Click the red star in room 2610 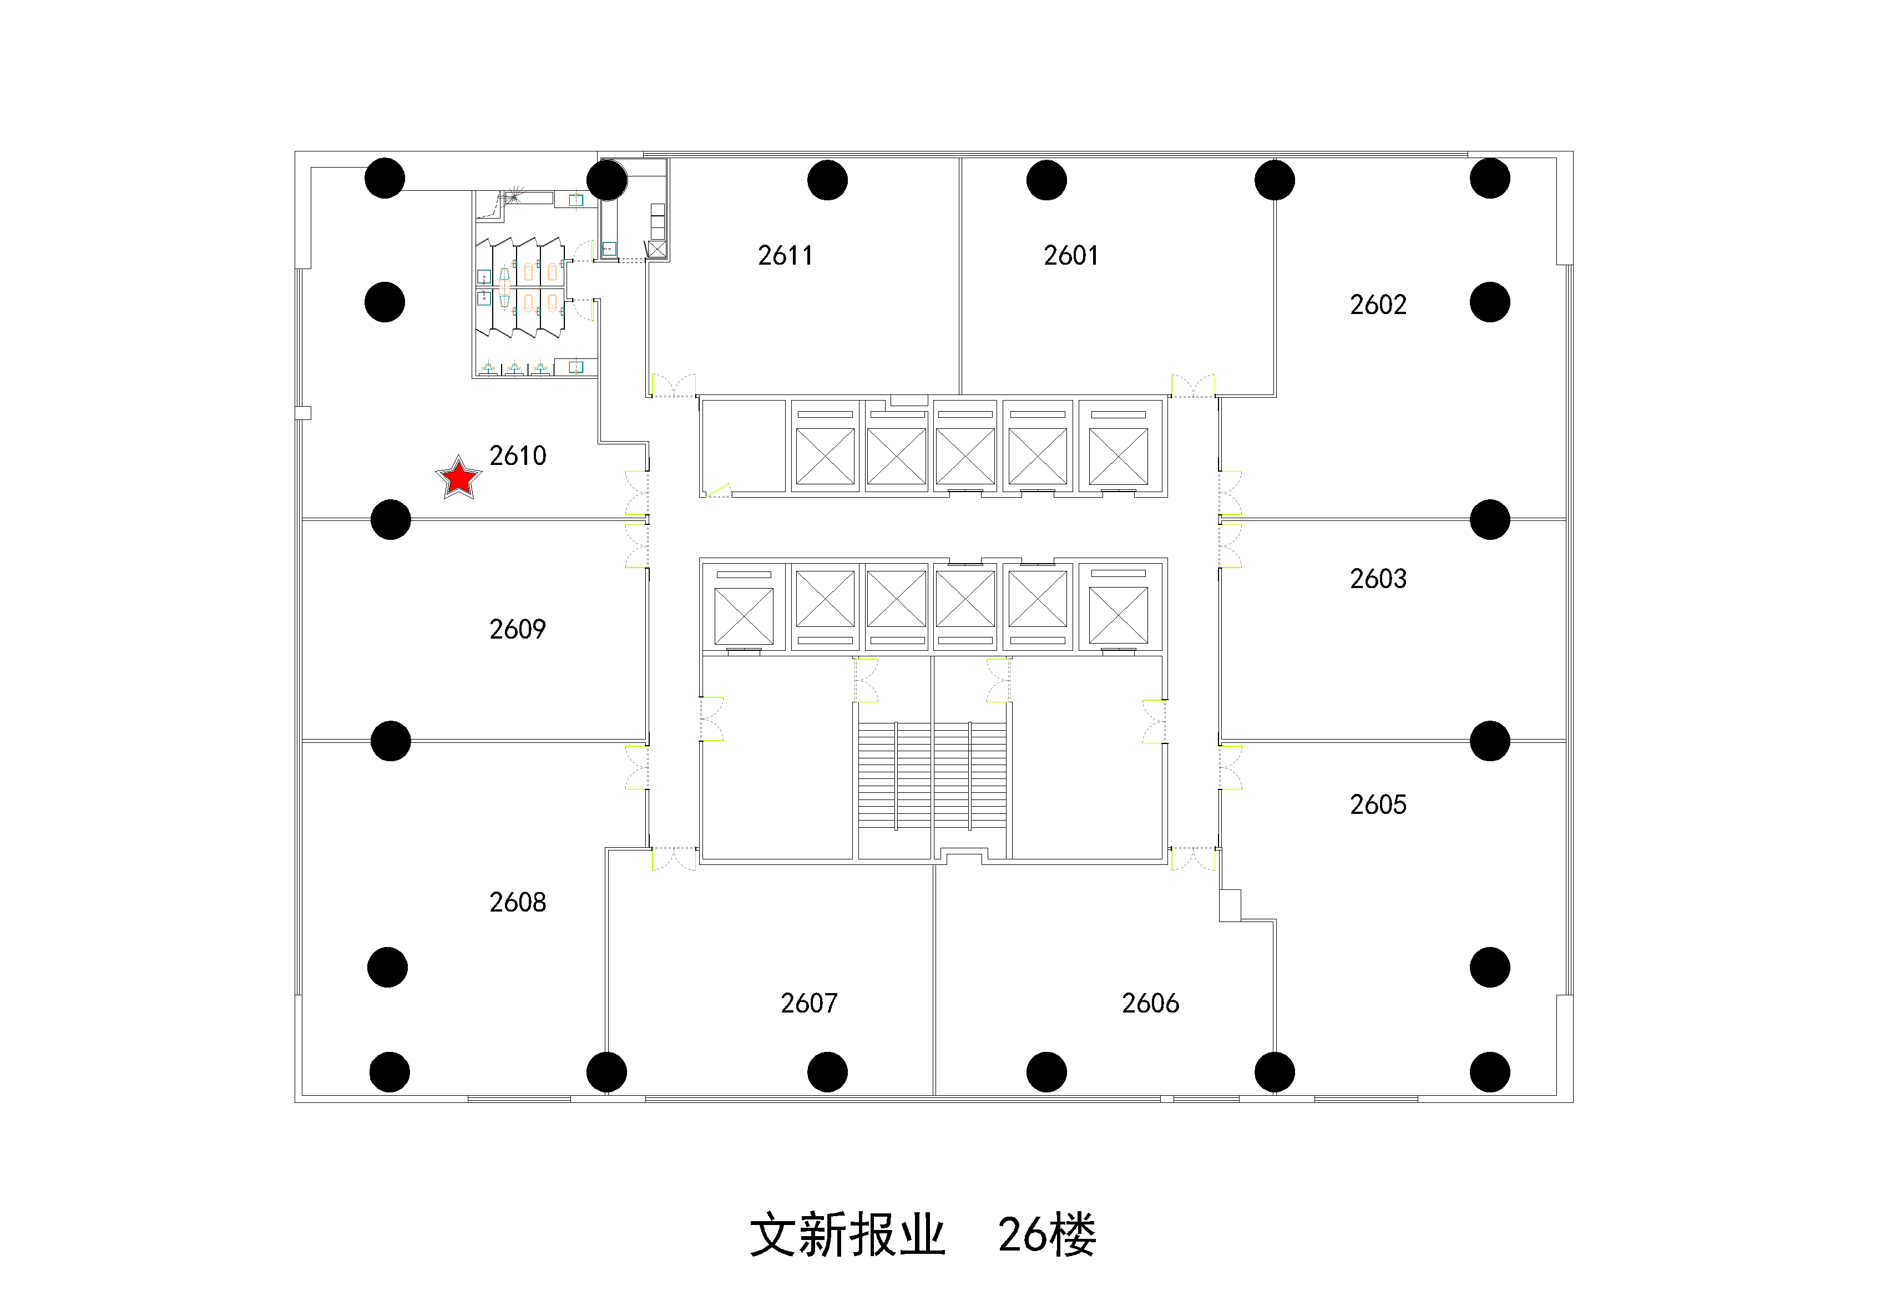(x=459, y=478)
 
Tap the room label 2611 (x=785, y=256)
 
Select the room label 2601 (x=1071, y=256)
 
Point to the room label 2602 (x=1378, y=305)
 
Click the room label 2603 (x=1378, y=579)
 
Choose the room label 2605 (x=1378, y=804)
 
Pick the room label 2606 (x=1150, y=1003)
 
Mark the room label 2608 (x=517, y=902)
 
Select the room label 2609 (x=517, y=629)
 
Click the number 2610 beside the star (x=517, y=455)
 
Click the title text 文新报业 (x=847, y=1235)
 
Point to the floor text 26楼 (x=1047, y=1235)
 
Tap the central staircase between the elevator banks (x=932, y=775)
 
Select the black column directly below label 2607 (x=827, y=1072)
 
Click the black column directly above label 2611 (x=827, y=180)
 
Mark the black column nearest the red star (x=390, y=519)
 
